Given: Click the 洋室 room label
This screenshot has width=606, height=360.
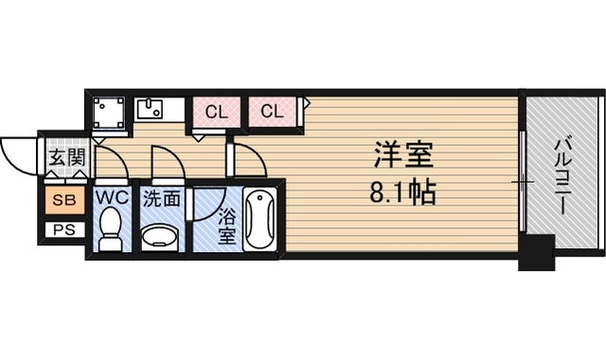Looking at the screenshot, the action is point(403,154).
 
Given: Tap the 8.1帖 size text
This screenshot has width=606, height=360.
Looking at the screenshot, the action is point(403,192).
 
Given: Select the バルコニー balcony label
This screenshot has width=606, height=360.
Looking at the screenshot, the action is point(561,177).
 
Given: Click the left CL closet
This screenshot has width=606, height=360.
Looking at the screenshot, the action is point(216,112).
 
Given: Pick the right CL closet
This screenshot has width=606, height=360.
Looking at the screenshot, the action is point(273,112).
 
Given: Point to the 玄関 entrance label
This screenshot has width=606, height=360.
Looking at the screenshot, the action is point(66,157).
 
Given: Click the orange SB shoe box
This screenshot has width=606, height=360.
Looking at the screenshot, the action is point(64,200).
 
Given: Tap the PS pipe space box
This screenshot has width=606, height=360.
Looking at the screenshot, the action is point(64,230).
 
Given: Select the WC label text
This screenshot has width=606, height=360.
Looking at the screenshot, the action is point(112,198).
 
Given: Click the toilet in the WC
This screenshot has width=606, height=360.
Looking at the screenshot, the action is point(110,229).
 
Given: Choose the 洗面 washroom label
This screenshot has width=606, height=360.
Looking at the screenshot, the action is point(162,199).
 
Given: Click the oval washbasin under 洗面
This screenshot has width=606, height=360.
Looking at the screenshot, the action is point(160,236).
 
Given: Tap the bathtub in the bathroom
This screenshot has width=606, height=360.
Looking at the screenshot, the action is point(260,219).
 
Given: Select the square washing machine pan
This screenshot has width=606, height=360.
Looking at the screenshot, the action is point(110,113).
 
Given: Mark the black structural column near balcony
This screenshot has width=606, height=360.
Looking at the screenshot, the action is point(537,252).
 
